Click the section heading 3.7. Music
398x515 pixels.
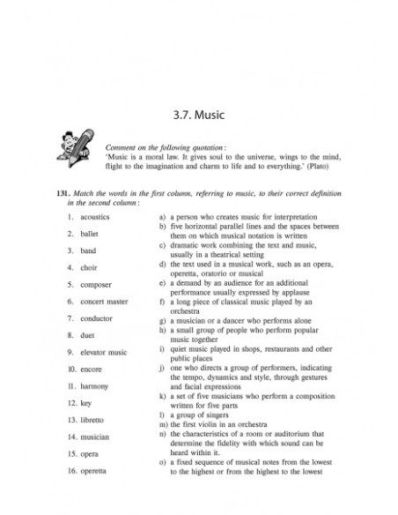click(198, 114)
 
